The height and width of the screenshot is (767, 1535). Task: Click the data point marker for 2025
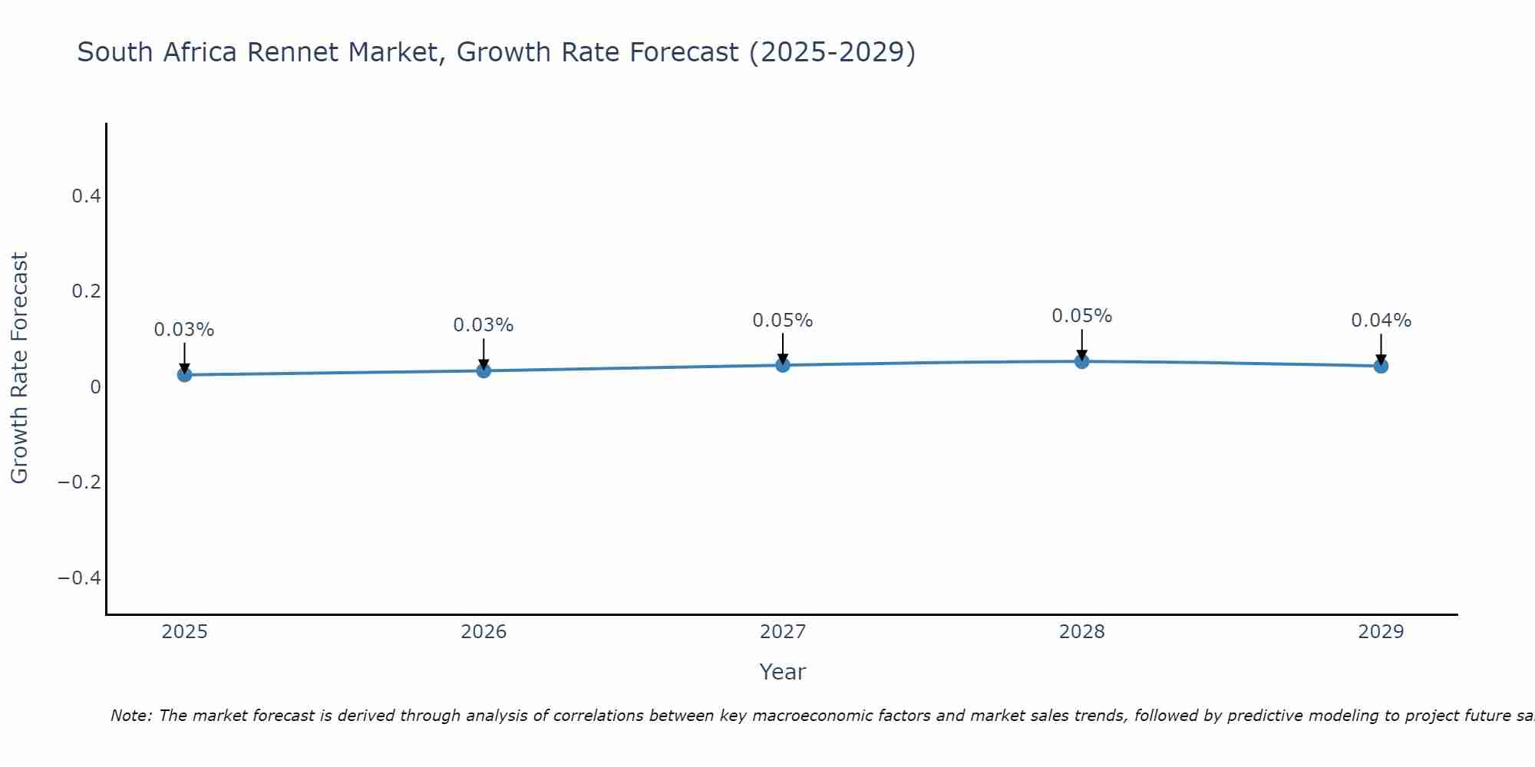click(184, 374)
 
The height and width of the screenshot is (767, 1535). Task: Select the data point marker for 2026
click(484, 370)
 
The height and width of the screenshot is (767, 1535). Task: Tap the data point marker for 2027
click(783, 365)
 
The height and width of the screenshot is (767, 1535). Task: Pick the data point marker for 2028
click(1081, 361)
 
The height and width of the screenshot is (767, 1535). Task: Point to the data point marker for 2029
click(1381, 366)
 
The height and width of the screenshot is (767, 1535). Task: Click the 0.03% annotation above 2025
click(184, 330)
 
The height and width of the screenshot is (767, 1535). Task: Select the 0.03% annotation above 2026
click(484, 325)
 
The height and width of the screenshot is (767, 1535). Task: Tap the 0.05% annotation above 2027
click(783, 321)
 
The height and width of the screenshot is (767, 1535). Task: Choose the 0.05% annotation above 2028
click(1081, 316)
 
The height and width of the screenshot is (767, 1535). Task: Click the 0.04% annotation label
click(1381, 321)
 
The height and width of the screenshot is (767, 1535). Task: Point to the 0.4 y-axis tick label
click(86, 196)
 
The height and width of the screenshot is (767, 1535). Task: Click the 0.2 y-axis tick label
click(86, 291)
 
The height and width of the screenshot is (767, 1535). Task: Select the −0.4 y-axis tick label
click(79, 578)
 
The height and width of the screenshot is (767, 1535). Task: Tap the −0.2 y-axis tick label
click(79, 482)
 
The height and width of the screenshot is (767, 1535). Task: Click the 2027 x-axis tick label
click(783, 632)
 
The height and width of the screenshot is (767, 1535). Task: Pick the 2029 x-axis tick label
click(1381, 632)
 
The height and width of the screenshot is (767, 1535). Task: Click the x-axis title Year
click(783, 672)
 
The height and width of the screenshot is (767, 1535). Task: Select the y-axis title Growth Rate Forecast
click(19, 368)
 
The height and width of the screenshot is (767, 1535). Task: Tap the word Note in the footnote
click(130, 716)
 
